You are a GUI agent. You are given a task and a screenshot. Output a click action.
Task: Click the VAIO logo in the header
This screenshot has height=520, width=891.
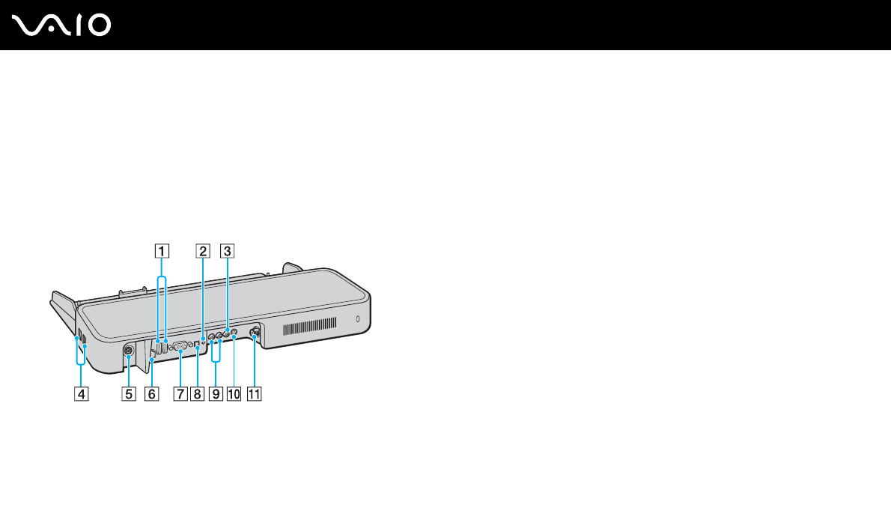[x=61, y=25]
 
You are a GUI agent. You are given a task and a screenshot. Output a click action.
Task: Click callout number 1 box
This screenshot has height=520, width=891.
[x=162, y=252]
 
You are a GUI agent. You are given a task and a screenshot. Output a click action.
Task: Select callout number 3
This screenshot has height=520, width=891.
[x=227, y=252]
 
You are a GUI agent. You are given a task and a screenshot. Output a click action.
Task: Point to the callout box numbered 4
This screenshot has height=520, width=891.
[x=79, y=393]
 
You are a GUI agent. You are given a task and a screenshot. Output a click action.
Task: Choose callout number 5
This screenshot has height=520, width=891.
[x=129, y=393]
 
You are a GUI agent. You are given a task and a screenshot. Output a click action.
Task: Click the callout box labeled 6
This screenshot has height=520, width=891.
[x=153, y=393]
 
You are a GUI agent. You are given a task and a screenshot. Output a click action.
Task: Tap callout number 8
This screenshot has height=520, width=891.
[x=197, y=393]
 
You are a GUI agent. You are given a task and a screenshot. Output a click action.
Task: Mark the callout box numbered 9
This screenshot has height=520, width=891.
[x=217, y=393]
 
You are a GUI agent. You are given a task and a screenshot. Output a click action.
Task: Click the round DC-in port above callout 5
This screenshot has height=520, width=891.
[x=127, y=348]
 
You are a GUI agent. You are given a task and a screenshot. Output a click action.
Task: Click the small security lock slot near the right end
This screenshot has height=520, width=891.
[x=358, y=320]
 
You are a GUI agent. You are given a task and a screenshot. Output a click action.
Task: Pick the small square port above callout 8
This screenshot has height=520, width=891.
[x=197, y=344]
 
